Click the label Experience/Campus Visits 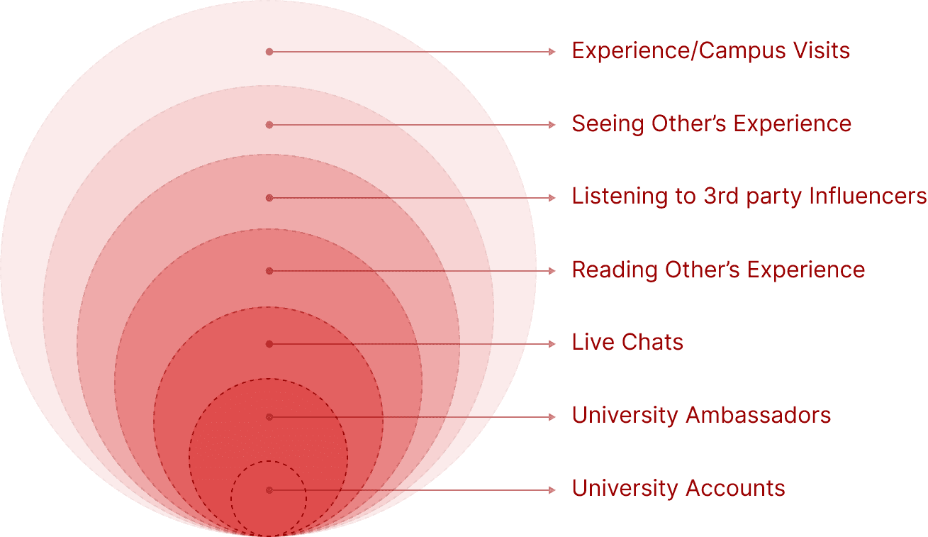710,51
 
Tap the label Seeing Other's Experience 711,124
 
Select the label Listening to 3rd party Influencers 749,196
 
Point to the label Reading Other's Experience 718,270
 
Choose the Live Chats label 627,343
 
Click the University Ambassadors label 701,416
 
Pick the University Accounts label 678,489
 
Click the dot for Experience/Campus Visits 269,52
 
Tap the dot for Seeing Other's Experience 269,125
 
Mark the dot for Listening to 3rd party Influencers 269,198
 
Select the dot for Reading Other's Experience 269,271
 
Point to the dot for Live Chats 269,344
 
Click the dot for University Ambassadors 269,417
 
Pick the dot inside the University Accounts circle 269,490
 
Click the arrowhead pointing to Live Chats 553,344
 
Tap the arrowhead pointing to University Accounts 553,490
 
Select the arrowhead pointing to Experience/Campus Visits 553,52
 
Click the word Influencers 872,196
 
